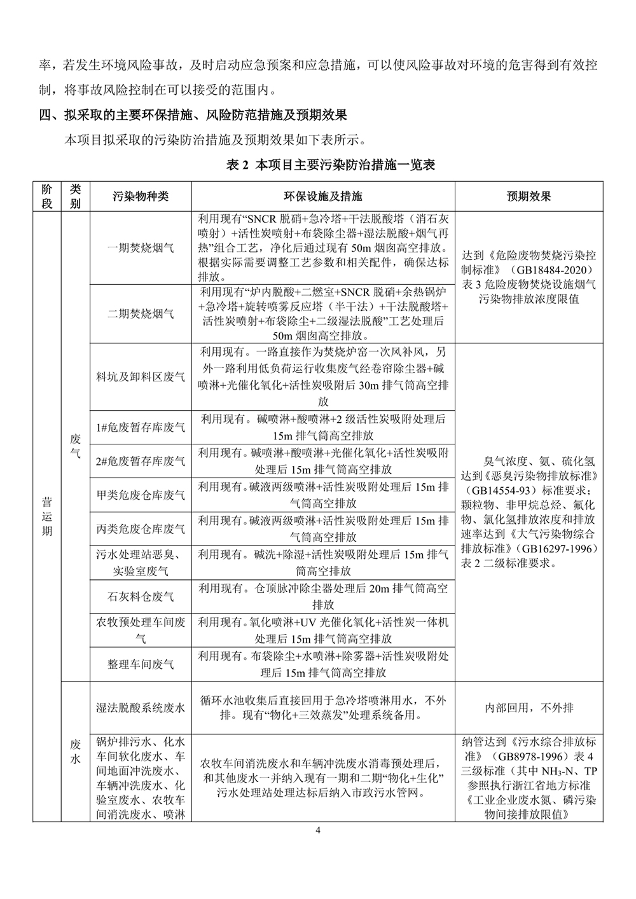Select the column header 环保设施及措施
(x=322, y=196)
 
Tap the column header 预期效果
(x=529, y=196)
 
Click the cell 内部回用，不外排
(x=529, y=708)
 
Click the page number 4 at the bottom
(x=318, y=830)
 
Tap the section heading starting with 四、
(x=193, y=115)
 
